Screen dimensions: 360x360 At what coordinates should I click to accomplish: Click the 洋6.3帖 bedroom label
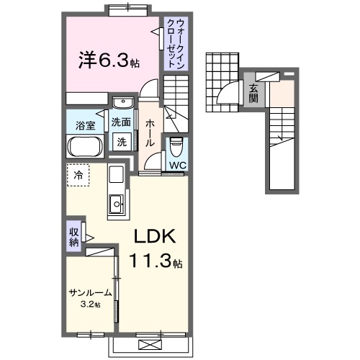click(109, 59)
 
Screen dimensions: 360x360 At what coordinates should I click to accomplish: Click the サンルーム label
click(91, 292)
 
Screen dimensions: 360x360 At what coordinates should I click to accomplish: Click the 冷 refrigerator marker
click(77, 175)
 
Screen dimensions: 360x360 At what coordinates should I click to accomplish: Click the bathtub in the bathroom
click(86, 148)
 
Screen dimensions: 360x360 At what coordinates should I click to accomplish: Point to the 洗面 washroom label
click(120, 122)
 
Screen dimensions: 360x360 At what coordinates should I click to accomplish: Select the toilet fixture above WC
click(177, 147)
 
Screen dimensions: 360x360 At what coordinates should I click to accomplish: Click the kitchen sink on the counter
click(116, 207)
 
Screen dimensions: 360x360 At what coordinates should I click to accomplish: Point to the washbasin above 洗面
click(123, 102)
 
